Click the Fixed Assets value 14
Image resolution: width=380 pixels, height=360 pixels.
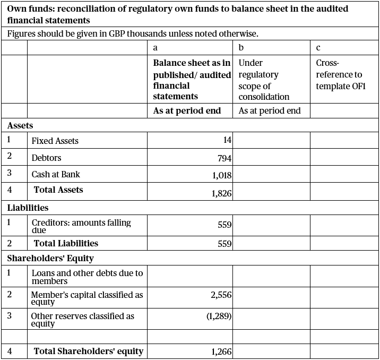[227, 141]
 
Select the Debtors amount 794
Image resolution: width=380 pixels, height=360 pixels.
[224, 158]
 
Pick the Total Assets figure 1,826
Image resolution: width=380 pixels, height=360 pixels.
[222, 193]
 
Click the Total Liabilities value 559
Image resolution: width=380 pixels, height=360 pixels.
[224, 244]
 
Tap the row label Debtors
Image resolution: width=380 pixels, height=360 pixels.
[47, 158]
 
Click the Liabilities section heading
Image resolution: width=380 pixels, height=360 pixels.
[28, 208]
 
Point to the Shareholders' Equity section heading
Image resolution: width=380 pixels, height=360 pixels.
[50, 259]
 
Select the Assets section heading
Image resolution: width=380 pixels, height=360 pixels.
[20, 126]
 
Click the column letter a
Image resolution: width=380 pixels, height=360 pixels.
[155, 47]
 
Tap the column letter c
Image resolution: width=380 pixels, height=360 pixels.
[318, 47]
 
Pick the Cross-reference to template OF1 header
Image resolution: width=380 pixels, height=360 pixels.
[340, 74]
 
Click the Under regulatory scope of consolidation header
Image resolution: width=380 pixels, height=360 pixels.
[264, 80]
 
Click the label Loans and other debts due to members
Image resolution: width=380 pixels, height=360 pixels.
[87, 277]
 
